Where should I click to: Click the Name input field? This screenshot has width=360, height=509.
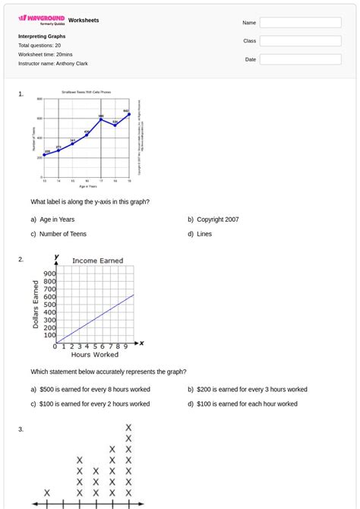pos(300,23)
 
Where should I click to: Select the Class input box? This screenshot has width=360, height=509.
pos(300,41)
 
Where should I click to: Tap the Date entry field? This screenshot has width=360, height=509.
pos(300,59)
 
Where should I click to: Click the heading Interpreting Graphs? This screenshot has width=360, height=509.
pos(42,36)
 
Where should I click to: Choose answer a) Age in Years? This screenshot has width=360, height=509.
pos(52,220)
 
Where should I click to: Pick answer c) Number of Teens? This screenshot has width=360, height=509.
pos(58,234)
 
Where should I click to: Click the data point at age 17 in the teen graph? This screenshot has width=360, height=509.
pos(101,119)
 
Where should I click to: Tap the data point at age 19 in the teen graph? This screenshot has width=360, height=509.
pos(129,114)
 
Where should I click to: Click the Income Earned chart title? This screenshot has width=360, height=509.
pos(97,261)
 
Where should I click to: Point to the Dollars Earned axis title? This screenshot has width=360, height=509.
pos(36,304)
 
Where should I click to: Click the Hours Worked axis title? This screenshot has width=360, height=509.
pos(95,355)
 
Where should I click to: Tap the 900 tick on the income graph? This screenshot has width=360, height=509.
pos(49,274)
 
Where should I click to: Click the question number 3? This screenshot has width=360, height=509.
pos(21,430)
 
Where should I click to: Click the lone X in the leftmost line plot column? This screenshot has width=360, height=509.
pos(47,492)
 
